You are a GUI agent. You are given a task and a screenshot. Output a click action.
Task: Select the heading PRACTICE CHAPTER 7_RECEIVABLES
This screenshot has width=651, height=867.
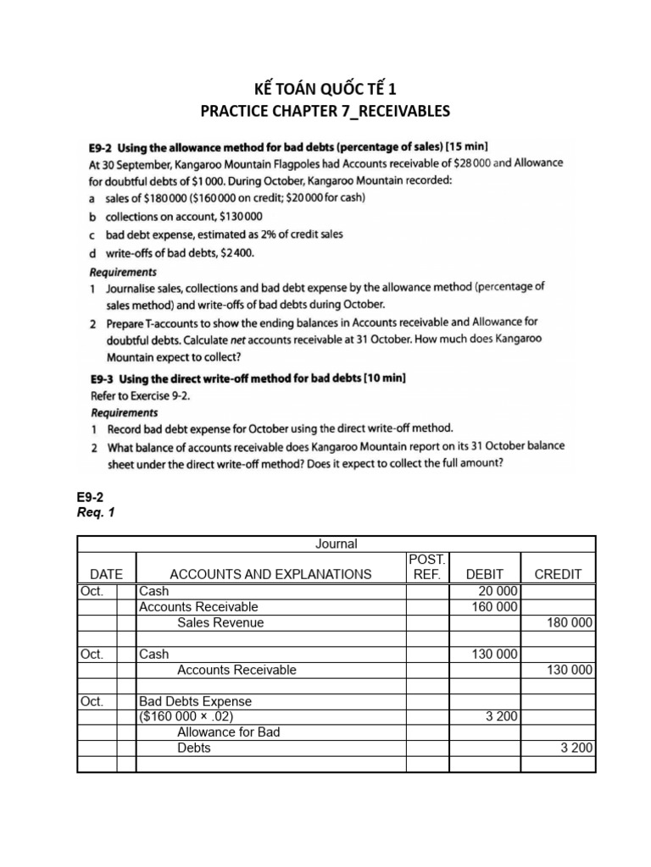(x=325, y=110)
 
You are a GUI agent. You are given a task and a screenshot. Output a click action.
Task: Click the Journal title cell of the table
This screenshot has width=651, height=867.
(x=337, y=544)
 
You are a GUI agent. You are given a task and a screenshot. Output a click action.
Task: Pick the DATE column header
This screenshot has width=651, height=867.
(x=106, y=573)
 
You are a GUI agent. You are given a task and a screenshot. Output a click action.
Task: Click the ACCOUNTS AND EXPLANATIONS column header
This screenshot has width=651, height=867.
(x=270, y=573)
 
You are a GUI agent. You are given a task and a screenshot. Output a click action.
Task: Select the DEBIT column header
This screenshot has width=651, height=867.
(x=484, y=573)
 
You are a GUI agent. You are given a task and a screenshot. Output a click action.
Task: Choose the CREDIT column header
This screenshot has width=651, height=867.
(x=558, y=573)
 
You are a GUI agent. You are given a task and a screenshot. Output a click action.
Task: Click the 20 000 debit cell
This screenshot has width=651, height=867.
(x=498, y=591)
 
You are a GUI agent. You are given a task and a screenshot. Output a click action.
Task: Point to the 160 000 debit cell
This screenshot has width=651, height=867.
(x=495, y=606)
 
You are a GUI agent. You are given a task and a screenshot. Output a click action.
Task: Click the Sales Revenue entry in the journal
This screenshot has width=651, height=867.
(x=220, y=622)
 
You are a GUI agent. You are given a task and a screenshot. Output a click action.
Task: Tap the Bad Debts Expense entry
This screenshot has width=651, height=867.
(x=195, y=701)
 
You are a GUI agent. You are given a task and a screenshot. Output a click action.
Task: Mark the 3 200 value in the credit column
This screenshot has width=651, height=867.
(x=576, y=748)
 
